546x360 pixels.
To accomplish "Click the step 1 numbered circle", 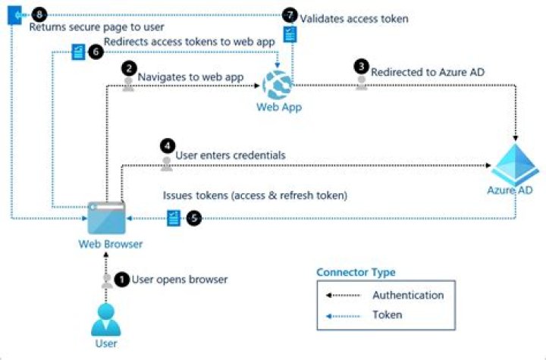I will pyautogui.click(x=121, y=279).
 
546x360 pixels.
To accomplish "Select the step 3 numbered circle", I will pyautogui.click(x=362, y=66).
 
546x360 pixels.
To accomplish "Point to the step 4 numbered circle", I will pyautogui.click(x=166, y=144).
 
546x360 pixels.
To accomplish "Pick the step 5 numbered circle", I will pyautogui.click(x=194, y=218).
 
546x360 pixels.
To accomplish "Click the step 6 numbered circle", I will pyautogui.click(x=95, y=52).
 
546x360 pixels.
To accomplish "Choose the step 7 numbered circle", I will pyautogui.click(x=290, y=15).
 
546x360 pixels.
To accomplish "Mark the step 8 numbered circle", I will pyautogui.click(x=40, y=14).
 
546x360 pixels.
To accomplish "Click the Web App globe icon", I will pyautogui.click(x=278, y=83).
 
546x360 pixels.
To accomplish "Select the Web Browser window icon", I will pyautogui.click(x=107, y=218).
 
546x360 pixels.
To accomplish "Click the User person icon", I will pyautogui.click(x=106, y=318).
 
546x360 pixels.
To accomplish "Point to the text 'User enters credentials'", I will pyautogui.click(x=231, y=155).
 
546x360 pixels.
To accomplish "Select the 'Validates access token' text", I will pyautogui.click(x=354, y=18).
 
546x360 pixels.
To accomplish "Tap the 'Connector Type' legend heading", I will pyautogui.click(x=356, y=273).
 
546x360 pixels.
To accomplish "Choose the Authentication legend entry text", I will pyautogui.click(x=408, y=296).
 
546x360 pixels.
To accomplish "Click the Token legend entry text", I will pyautogui.click(x=387, y=314).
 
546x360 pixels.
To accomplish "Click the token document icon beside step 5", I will pyautogui.click(x=174, y=218).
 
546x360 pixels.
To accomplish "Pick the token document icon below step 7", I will pyautogui.click(x=290, y=34).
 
